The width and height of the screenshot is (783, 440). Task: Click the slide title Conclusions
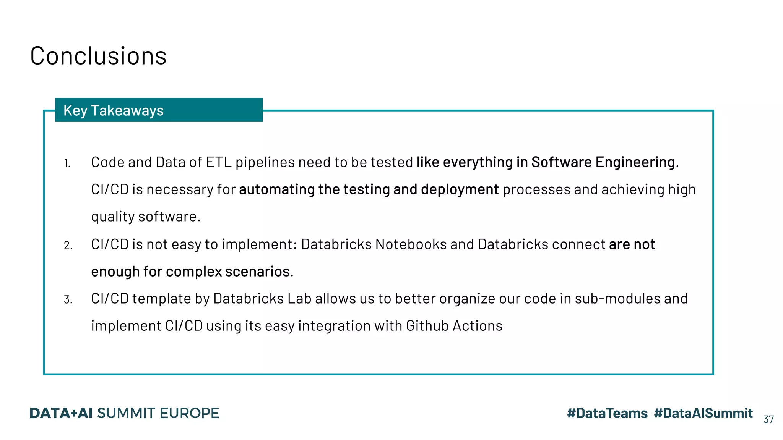tap(98, 56)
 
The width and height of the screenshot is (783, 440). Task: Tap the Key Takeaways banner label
tap(113, 110)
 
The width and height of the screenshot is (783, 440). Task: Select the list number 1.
tap(67, 163)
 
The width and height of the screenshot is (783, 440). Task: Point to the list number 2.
tap(68, 245)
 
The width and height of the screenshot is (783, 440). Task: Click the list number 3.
tap(68, 300)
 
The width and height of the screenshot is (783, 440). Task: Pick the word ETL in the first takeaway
tap(219, 162)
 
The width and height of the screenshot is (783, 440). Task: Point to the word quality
tap(113, 217)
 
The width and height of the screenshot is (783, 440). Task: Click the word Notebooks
tap(411, 244)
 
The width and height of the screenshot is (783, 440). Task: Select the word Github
tap(427, 326)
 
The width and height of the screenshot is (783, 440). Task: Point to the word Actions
tap(478, 326)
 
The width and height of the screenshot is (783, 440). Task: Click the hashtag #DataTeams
tap(607, 413)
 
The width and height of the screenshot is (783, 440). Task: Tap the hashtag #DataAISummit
tap(703, 413)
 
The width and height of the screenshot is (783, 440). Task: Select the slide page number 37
tap(768, 419)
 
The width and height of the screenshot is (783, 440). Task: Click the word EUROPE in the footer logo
tap(189, 413)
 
